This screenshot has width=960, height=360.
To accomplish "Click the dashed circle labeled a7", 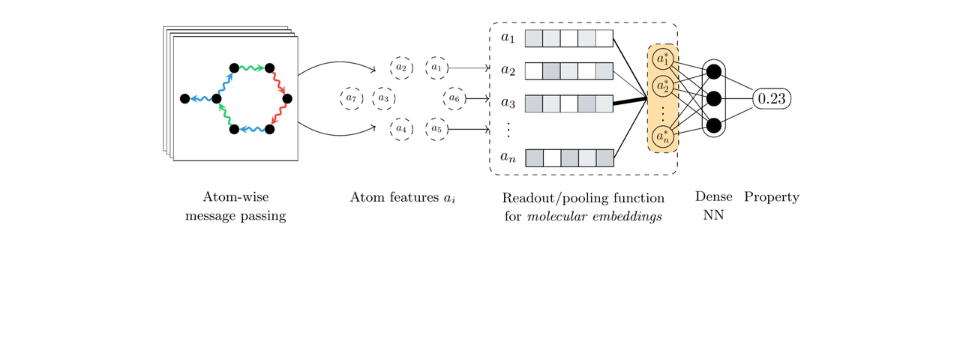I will point(350,98).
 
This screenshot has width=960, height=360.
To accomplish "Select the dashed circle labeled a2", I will point(401,68).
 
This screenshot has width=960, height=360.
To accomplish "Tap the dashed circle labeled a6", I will point(454,98).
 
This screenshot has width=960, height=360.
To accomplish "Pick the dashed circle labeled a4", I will point(401,129).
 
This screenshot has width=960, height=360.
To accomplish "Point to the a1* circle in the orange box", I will point(662,58).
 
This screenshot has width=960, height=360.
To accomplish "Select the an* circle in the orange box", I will point(662,137).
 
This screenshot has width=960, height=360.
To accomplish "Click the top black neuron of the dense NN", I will point(714,71).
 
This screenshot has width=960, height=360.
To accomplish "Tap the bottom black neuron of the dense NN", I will point(714,124).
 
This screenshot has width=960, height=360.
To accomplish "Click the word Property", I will point(771,197).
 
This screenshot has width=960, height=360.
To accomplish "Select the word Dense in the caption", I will point(713,197).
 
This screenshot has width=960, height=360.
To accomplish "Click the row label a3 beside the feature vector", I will point(508,101).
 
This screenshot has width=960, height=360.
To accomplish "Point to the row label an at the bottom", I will point(508,158).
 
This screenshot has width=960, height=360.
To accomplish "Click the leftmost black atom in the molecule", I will point(184,98).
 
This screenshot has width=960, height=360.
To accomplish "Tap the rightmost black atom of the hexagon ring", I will point(286,98).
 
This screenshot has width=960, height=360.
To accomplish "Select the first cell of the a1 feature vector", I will point(533,38).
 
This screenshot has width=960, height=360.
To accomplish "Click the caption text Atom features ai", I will point(403,198).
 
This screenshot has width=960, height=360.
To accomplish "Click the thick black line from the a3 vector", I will point(630,100).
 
